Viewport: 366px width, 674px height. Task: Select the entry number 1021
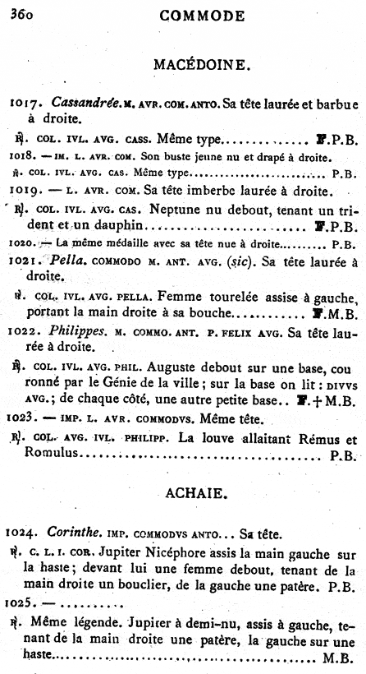coord(26,261)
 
